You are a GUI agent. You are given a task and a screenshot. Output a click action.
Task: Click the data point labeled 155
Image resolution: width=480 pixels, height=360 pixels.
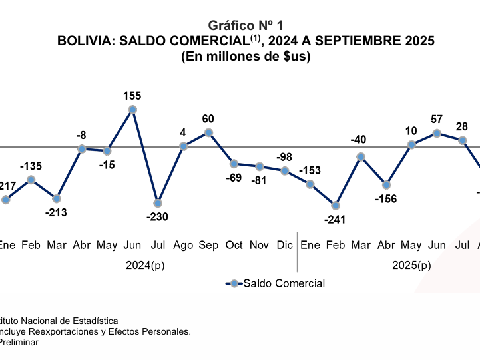point(132,110)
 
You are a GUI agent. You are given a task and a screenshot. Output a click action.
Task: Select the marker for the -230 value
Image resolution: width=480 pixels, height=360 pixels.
point(158,203)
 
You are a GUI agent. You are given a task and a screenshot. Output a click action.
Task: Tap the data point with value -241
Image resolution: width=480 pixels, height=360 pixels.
point(336,206)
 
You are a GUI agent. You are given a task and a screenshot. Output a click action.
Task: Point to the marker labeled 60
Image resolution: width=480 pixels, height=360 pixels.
point(208,132)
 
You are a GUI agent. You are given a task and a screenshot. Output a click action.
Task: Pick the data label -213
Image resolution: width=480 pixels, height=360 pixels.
point(57,212)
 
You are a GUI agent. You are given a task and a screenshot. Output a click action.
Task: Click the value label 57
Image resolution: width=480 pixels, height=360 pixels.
point(437,120)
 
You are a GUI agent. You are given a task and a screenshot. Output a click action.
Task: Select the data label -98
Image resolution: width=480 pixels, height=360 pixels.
point(285,156)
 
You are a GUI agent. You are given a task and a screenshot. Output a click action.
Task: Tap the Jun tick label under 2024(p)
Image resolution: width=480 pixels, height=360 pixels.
point(132,246)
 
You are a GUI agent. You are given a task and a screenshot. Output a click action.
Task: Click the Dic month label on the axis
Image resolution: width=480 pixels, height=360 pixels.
point(284,246)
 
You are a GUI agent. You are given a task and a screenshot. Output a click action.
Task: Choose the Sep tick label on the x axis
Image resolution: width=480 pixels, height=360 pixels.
point(208,246)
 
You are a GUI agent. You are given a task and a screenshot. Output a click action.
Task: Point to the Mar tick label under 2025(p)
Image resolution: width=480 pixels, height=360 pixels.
point(361,246)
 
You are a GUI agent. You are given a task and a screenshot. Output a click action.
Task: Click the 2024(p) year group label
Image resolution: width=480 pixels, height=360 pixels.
point(145,266)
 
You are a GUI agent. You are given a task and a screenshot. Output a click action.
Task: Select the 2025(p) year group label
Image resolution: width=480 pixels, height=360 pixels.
point(411,266)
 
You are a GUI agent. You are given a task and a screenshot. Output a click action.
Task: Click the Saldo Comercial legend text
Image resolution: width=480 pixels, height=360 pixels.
point(284,283)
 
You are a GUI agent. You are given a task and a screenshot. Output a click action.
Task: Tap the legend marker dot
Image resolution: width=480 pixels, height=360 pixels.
point(234,283)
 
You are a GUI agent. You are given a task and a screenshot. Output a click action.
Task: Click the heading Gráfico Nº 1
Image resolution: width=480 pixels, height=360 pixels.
point(246,25)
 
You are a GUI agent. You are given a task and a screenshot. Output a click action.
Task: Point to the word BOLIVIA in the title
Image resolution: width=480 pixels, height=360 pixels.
point(83,41)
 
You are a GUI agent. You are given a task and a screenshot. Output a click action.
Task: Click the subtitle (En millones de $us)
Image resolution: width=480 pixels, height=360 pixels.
point(246,57)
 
